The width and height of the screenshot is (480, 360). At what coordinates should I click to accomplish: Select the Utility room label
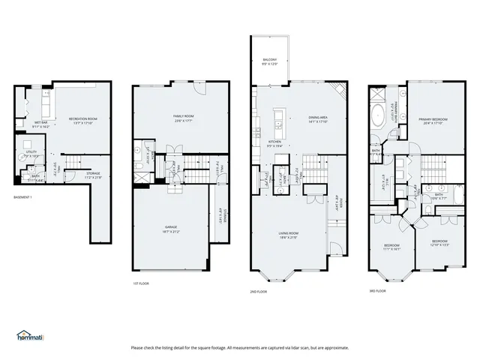[x=31, y=153]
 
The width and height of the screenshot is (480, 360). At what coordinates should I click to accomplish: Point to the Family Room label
[x=184, y=118]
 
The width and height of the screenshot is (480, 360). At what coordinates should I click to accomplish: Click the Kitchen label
[x=275, y=143]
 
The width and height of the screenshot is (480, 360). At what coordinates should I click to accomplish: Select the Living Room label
[x=288, y=235]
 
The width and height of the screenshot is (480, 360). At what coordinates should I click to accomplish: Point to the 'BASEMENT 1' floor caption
[x=24, y=197]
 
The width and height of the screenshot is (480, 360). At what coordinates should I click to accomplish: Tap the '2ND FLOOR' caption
[x=259, y=290]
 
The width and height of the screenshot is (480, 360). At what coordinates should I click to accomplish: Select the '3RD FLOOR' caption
[x=376, y=290]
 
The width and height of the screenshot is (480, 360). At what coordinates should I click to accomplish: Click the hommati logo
[x=30, y=335]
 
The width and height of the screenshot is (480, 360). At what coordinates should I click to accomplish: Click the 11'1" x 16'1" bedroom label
[x=392, y=247]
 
